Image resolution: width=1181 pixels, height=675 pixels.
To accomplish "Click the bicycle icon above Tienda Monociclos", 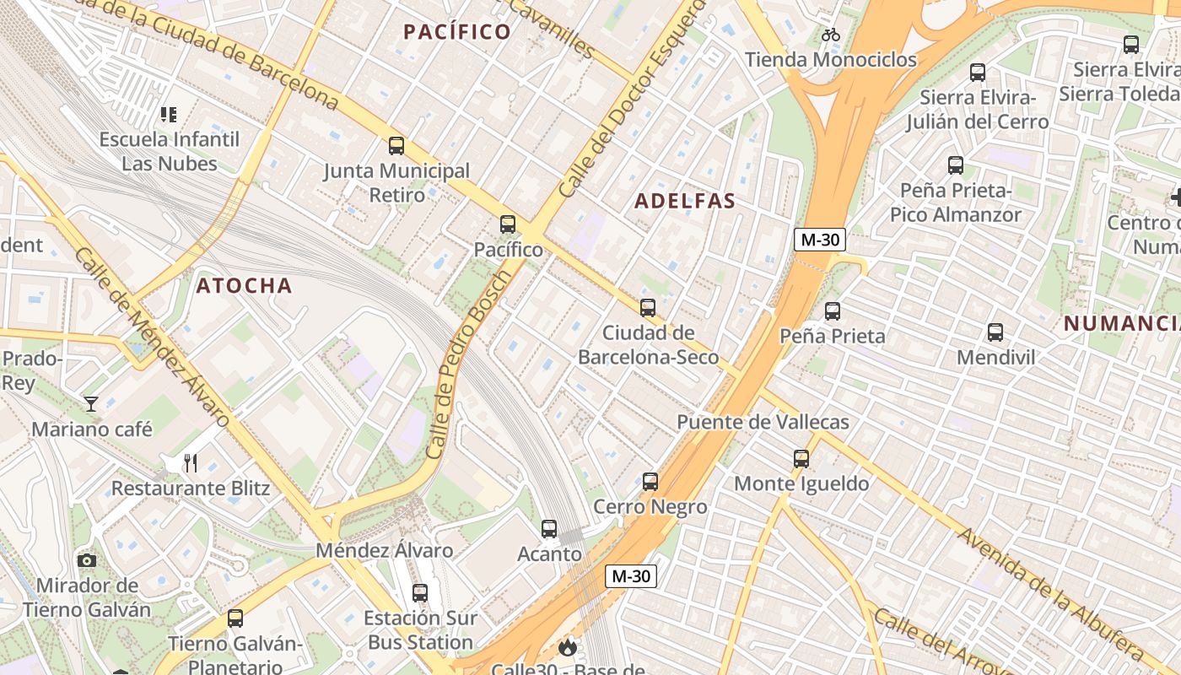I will click(x=831, y=35).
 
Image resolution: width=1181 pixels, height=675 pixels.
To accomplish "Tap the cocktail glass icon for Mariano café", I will click(x=91, y=404).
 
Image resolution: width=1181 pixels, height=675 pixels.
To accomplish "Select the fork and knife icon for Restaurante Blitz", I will click(x=191, y=463).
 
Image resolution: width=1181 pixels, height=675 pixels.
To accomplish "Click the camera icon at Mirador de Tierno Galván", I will click(x=86, y=560).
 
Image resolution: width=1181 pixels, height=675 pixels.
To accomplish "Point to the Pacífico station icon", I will click(x=507, y=224).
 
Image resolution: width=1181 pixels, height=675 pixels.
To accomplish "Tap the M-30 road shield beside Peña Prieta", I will click(x=819, y=240).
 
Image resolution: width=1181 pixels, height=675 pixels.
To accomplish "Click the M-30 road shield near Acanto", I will click(x=630, y=576).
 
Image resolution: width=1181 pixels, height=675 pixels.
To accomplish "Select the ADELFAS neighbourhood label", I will click(x=684, y=201).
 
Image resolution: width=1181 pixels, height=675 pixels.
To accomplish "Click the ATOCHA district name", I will click(x=244, y=285).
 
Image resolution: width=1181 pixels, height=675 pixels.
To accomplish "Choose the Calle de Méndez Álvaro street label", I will click(x=152, y=337).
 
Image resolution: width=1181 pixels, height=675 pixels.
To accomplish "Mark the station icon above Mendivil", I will click(x=995, y=332).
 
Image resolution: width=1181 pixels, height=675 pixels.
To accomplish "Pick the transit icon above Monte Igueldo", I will click(x=801, y=459).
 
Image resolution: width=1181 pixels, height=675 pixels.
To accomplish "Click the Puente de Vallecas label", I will click(x=763, y=422).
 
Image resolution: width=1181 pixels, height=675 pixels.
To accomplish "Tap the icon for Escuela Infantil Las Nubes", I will click(x=169, y=114).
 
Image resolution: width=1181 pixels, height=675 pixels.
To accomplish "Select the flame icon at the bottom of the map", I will click(x=568, y=647).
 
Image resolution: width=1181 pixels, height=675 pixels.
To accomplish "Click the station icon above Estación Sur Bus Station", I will click(x=419, y=593).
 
